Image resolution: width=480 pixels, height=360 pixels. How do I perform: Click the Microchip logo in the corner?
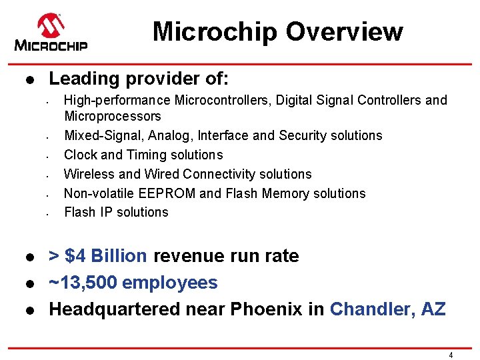coord(51,33)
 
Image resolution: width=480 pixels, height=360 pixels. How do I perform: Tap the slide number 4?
coord(451,355)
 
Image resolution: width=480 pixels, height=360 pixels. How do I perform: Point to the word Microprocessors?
coord(113,116)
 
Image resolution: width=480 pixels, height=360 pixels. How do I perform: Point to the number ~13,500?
coord(83,283)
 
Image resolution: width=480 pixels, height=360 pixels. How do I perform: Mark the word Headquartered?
coord(107,309)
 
